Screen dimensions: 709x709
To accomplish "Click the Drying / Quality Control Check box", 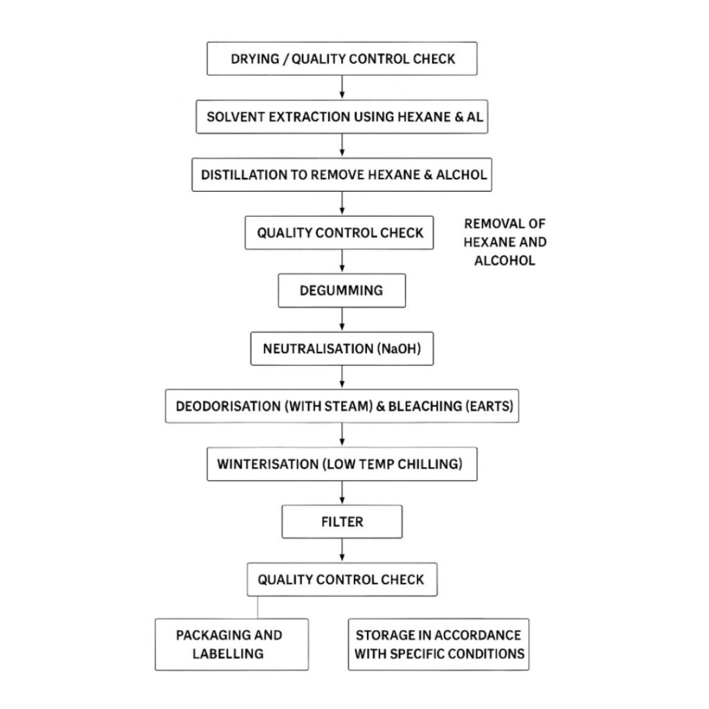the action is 342,59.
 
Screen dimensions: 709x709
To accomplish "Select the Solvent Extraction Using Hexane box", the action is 342,116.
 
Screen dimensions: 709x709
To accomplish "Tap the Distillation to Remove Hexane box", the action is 342,174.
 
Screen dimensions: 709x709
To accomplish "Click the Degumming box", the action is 342,290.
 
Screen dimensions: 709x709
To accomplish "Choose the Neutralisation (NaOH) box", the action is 342,349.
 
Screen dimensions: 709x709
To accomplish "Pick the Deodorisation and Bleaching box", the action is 342,406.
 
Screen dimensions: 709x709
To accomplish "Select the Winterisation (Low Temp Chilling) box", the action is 342,464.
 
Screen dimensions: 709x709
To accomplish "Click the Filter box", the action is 342,522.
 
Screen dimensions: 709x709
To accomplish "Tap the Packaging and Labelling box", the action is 231,645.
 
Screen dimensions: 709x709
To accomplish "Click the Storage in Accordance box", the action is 438,645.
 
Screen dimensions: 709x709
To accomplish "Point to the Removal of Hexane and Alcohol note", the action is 505,242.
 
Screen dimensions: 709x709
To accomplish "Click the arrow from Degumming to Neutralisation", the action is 342,319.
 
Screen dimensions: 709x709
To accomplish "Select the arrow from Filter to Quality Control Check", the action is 342,550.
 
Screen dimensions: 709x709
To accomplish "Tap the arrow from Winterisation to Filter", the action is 342,493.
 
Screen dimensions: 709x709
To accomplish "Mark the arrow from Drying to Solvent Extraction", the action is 342,88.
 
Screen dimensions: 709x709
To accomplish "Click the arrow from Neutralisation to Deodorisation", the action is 342,377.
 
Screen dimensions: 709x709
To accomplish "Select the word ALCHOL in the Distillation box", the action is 461,174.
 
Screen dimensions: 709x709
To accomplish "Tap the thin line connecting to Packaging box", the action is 258,607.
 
